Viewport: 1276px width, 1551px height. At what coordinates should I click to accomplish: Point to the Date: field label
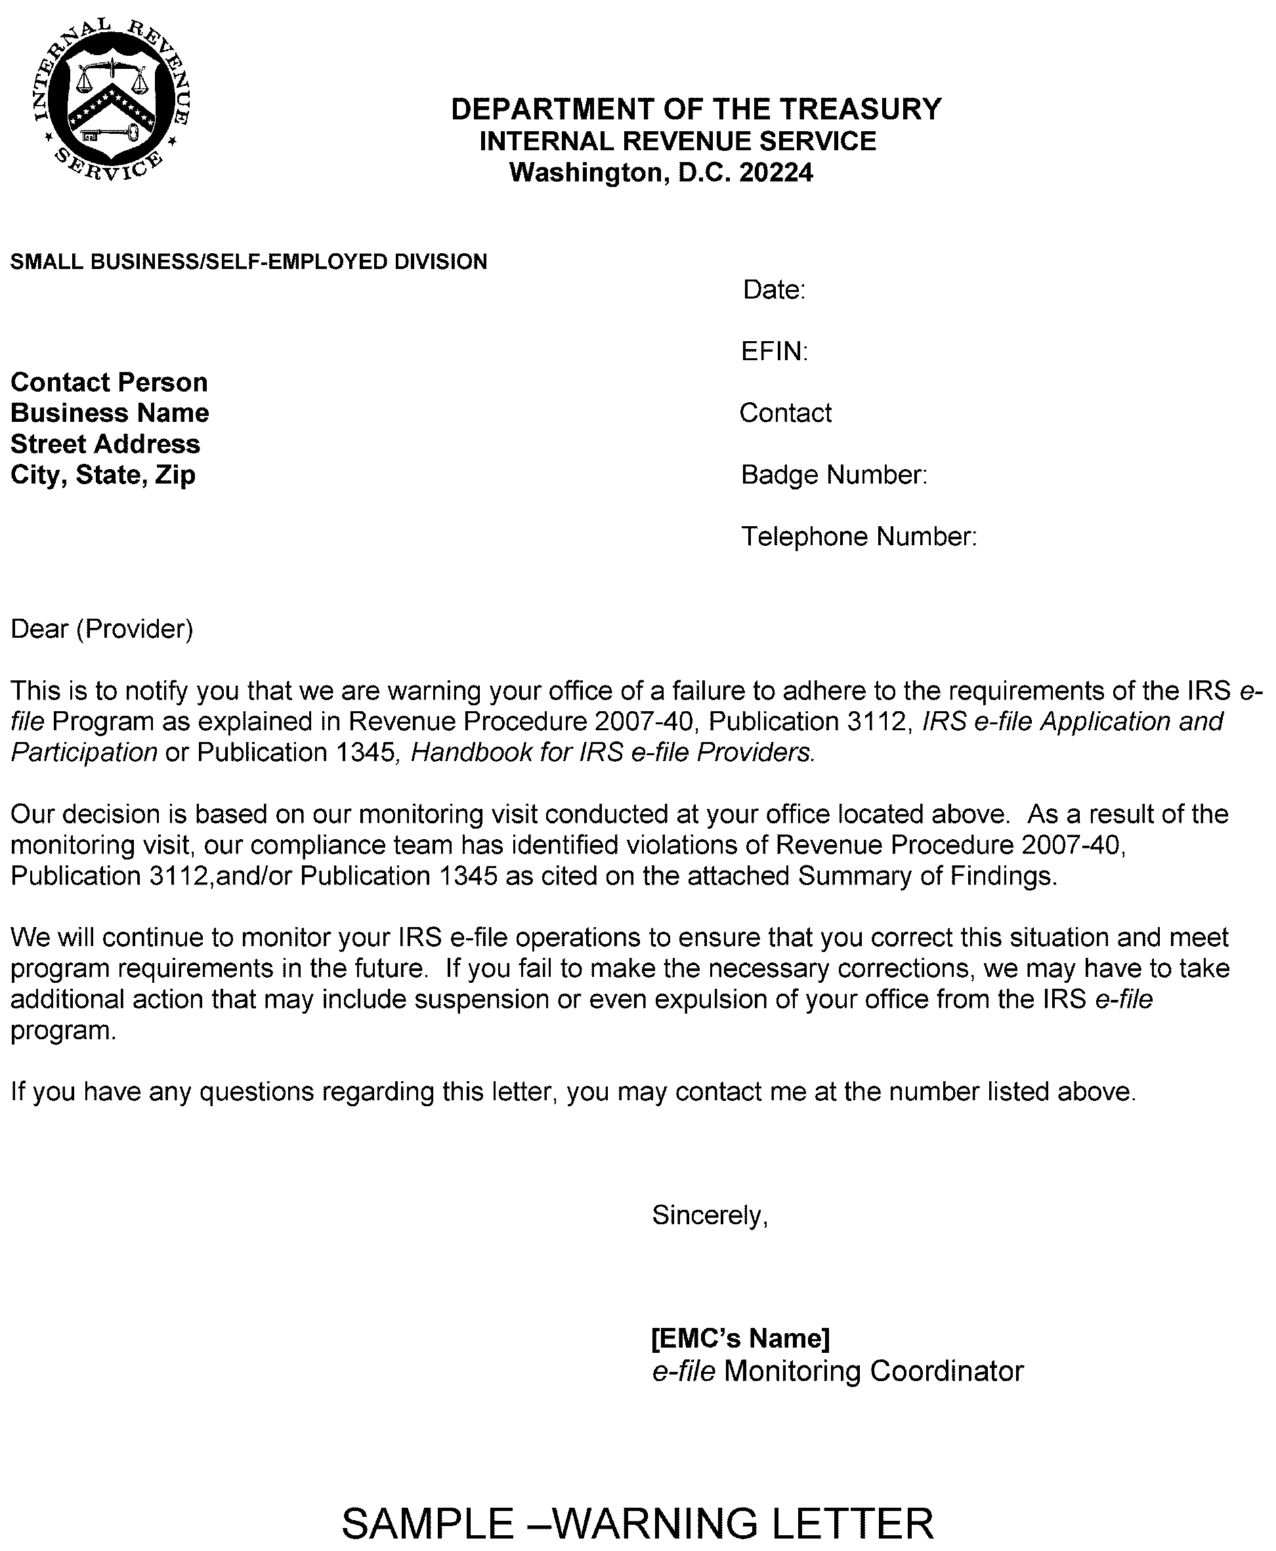(774, 289)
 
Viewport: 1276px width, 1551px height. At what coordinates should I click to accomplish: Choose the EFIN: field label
(774, 351)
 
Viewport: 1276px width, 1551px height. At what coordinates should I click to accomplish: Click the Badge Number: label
(834, 474)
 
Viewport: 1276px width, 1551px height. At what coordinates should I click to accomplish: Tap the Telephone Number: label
(859, 536)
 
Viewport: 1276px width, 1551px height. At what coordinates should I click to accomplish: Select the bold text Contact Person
(109, 382)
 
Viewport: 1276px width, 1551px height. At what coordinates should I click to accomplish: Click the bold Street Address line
(105, 444)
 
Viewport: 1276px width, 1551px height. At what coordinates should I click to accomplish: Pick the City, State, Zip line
(103, 474)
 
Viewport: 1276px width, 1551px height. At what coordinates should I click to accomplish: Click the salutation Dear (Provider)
(102, 629)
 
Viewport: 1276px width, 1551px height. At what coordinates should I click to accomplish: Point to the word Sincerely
(710, 1215)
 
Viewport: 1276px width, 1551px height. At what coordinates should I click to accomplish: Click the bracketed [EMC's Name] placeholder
(741, 1338)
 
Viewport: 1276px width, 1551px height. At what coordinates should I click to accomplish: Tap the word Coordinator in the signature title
(946, 1371)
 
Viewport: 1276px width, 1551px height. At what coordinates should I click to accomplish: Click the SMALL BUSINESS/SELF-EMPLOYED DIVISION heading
(248, 262)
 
